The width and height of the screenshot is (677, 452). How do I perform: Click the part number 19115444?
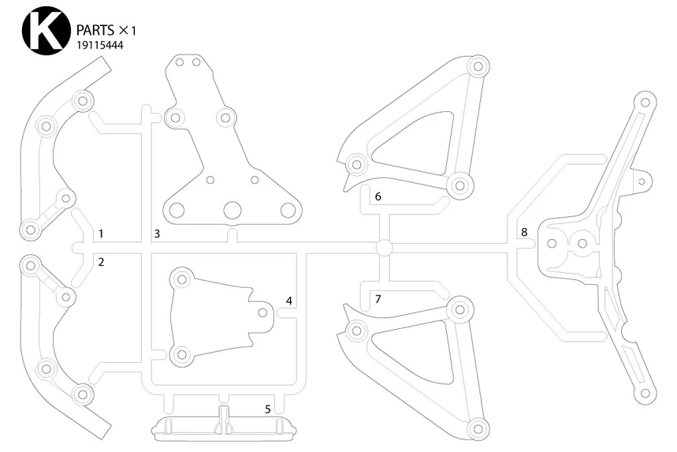click(x=99, y=45)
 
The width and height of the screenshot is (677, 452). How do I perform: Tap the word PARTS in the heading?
click(x=95, y=30)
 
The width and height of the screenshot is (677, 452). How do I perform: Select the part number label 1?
click(x=102, y=234)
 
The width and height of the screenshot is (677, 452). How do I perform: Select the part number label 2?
click(x=102, y=261)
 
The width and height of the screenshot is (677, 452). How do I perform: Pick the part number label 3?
click(x=157, y=233)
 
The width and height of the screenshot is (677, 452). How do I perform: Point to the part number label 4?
click(x=289, y=301)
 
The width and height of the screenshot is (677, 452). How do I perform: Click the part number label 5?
click(x=268, y=409)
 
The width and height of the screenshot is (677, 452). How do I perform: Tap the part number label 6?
click(x=378, y=196)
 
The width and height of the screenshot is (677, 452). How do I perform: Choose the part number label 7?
click(x=378, y=299)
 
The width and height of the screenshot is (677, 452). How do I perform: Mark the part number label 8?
click(x=523, y=232)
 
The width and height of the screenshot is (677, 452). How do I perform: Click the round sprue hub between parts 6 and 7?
click(x=384, y=247)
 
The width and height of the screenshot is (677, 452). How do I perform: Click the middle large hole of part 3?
click(x=232, y=210)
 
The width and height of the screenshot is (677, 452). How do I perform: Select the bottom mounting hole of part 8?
click(x=645, y=392)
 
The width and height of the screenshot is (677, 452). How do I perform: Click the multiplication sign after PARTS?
click(x=124, y=30)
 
